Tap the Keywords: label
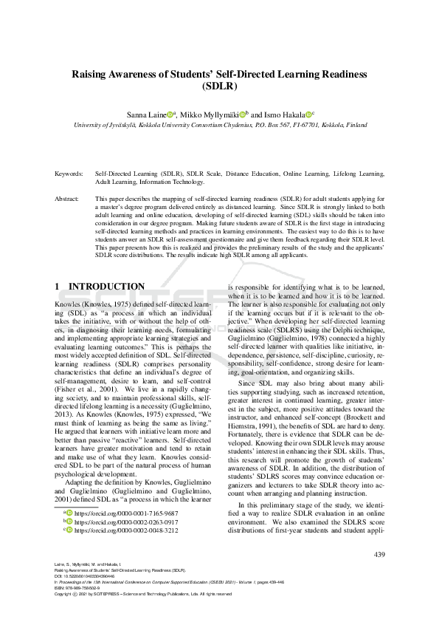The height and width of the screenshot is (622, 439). point(69,174)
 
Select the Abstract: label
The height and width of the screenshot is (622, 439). point(67,199)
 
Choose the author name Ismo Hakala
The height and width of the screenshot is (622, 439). point(283,115)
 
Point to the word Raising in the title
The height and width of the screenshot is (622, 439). point(89,74)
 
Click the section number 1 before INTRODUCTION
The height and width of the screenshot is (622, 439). point(58,287)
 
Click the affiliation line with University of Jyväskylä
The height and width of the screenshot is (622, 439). point(219,125)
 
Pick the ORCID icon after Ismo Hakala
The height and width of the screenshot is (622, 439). point(308,115)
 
